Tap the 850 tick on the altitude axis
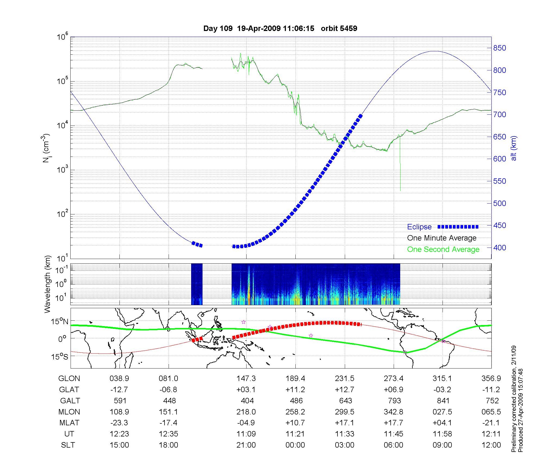[x=500, y=48]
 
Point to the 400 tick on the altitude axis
[x=500, y=248]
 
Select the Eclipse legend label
[x=419, y=227]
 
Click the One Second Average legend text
[x=443, y=249]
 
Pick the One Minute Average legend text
[x=442, y=238]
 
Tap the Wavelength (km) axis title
[x=48, y=284]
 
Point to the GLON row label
[x=69, y=378]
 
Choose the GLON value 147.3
[x=246, y=378]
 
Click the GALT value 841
[x=443, y=401]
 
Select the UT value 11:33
[x=345, y=434]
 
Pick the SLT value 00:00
[x=295, y=445]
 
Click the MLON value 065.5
[x=491, y=412]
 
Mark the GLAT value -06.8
[x=168, y=389]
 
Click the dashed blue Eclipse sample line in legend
[x=458, y=227]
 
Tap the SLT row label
[x=68, y=445]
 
